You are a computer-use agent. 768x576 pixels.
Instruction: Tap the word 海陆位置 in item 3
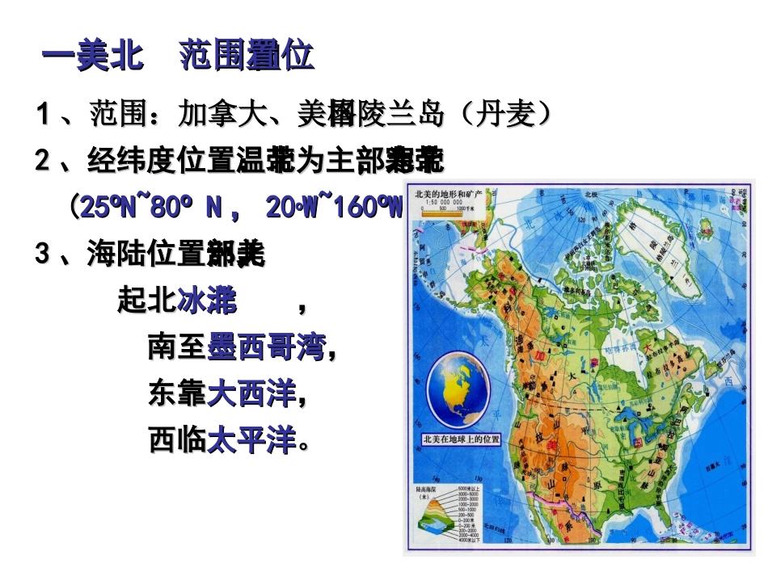[x=146, y=255]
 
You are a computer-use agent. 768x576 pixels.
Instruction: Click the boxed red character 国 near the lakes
[x=636, y=442]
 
